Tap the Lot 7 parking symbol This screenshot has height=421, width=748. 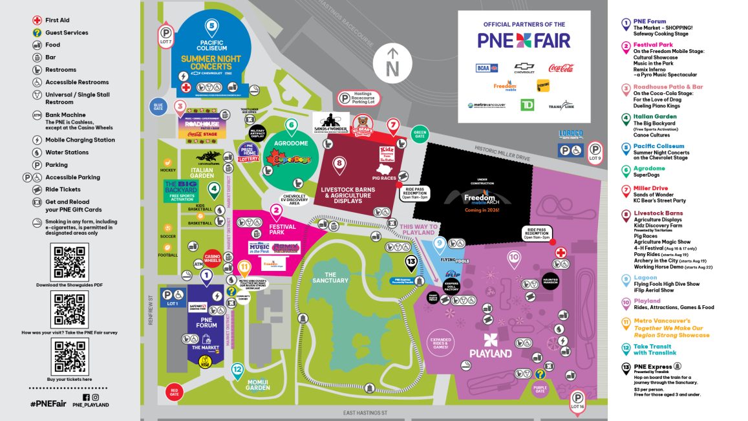click(166, 34)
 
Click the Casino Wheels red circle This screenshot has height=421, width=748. click(213, 258)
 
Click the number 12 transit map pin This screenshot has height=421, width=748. click(237, 370)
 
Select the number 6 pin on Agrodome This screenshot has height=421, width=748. click(292, 125)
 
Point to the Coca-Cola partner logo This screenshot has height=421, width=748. click(561, 68)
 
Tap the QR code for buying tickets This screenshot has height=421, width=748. click(69, 356)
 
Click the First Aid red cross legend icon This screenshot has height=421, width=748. click(37, 20)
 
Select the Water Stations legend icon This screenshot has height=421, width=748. click(37, 153)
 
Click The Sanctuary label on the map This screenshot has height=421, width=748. click(330, 277)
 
